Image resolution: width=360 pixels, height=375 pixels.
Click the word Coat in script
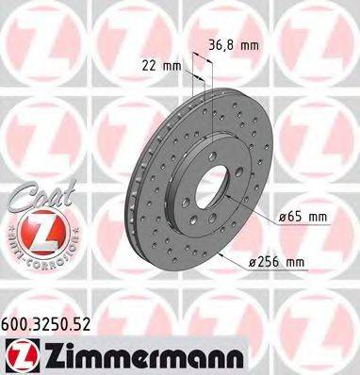(29, 197)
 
